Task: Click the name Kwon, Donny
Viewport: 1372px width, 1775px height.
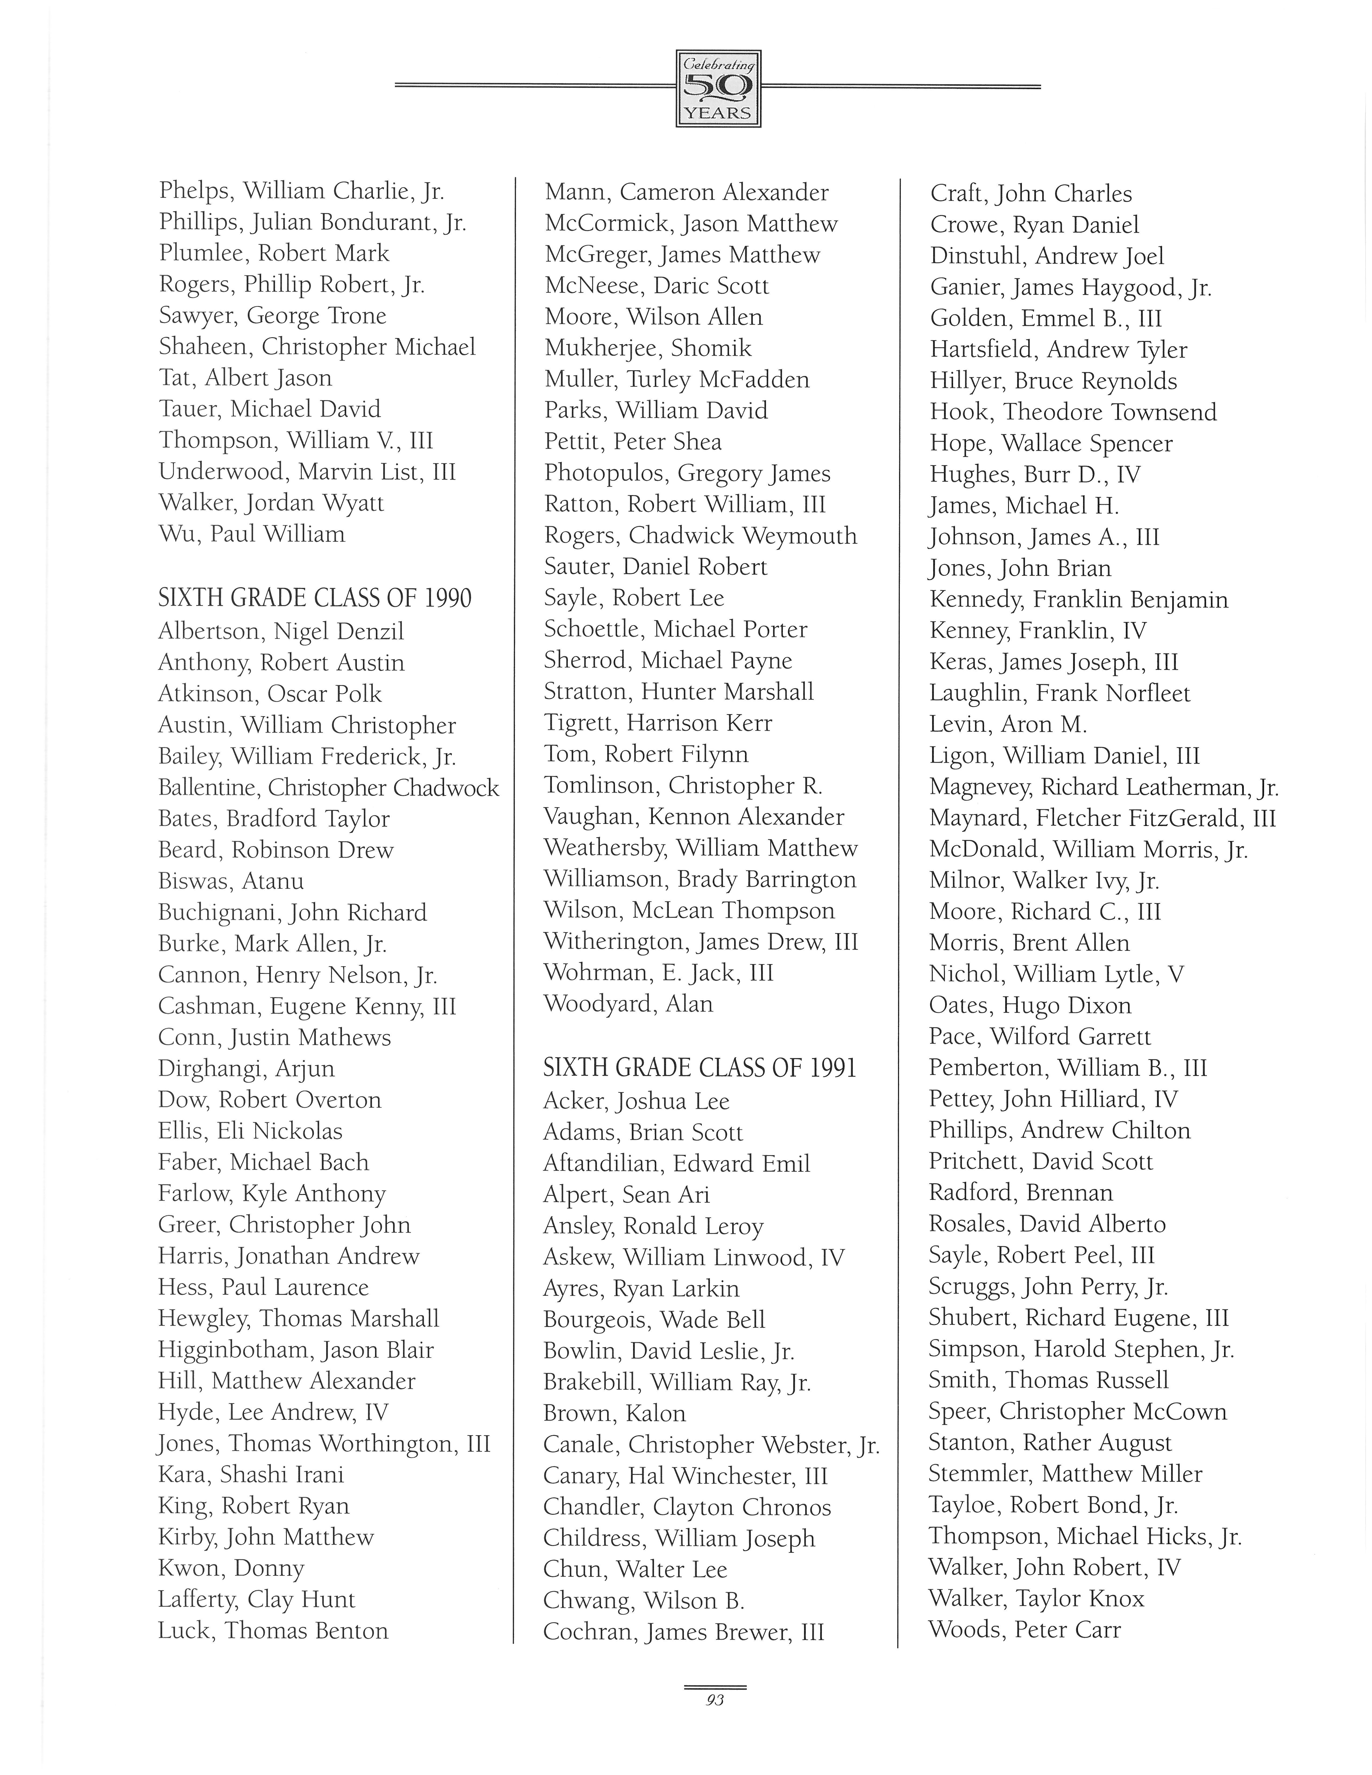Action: pos(231,1568)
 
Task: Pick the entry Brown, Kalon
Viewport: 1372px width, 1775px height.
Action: pos(614,1413)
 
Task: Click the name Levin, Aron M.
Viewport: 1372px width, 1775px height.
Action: pos(1008,724)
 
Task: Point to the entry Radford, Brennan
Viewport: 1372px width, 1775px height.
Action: pos(1021,1192)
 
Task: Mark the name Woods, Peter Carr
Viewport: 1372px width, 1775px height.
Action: pos(1025,1630)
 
